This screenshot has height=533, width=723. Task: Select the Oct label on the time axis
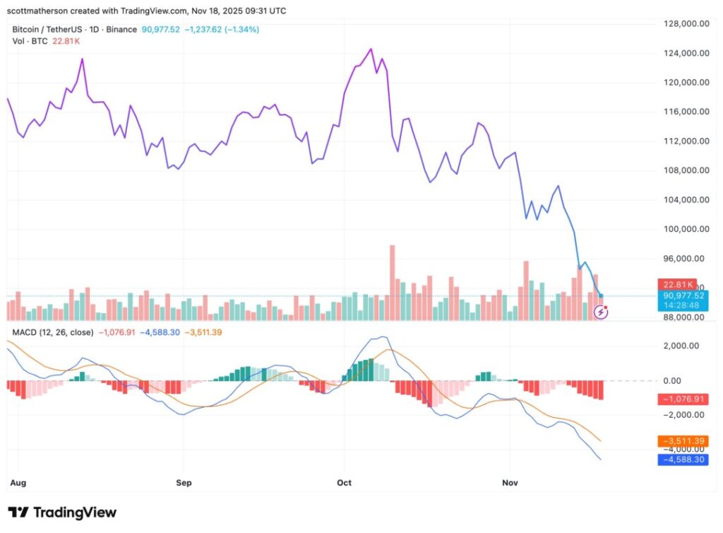pyautogui.click(x=345, y=483)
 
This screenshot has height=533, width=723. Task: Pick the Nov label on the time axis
pyautogui.click(x=510, y=483)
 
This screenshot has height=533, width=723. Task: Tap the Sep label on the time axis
pyautogui.click(x=183, y=483)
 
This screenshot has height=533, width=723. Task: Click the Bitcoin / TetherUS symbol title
pyautogui.click(x=56, y=30)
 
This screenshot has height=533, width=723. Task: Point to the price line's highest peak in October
pyautogui.click(x=371, y=49)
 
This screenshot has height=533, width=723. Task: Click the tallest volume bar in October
pyautogui.click(x=392, y=283)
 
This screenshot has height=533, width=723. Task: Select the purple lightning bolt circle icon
pyautogui.click(x=602, y=311)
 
